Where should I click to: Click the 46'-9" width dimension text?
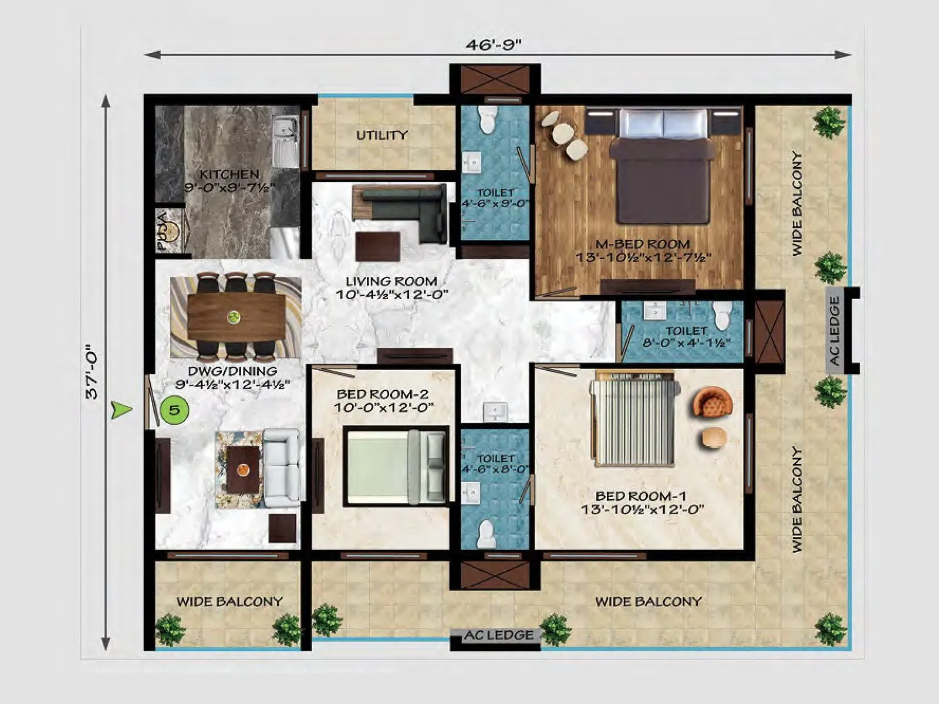(494, 45)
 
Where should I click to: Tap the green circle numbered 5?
(174, 409)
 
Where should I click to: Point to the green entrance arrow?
(121, 409)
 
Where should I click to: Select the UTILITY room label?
(381, 135)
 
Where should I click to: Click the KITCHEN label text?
(229, 174)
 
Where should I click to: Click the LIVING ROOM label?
(391, 281)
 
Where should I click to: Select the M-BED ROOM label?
(643, 244)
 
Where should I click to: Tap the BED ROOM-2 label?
(383, 394)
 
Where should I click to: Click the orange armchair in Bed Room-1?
(712, 404)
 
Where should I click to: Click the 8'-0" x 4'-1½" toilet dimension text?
(685, 343)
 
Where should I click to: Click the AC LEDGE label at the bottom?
(499, 635)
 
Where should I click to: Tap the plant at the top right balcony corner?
(829, 121)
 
